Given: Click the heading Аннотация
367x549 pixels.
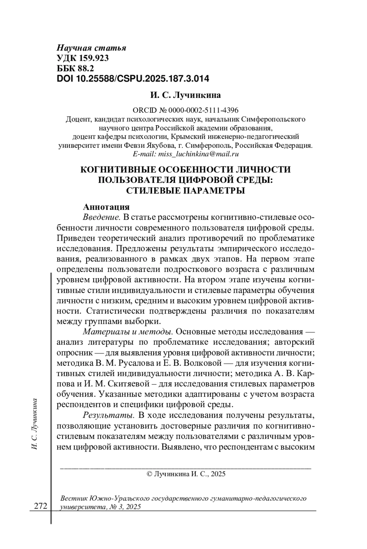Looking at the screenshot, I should [x=106, y=207].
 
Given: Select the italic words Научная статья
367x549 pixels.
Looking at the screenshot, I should [x=91, y=48].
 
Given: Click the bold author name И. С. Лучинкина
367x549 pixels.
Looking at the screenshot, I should [x=185, y=95].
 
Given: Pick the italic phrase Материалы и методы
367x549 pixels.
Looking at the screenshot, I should [x=128, y=332].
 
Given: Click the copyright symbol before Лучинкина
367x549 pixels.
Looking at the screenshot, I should [x=150, y=474].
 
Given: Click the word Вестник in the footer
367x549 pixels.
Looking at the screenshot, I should [x=74, y=498].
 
